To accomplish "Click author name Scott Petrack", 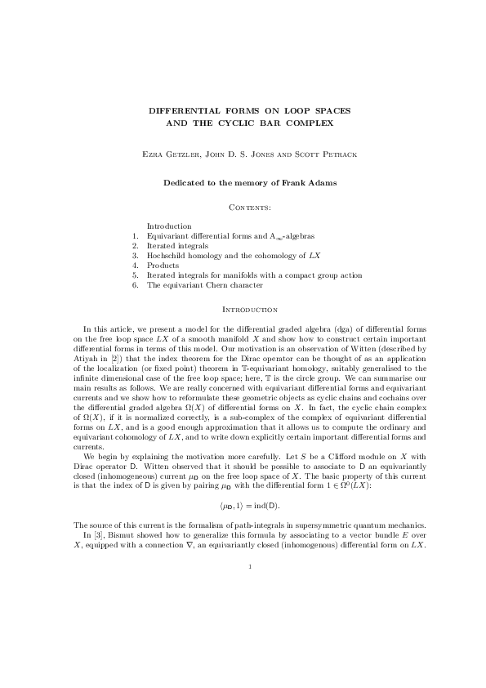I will (323, 154).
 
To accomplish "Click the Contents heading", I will (243, 208).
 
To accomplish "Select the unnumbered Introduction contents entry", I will (169, 226).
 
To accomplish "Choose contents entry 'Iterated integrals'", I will (177, 245).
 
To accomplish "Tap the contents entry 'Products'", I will (163, 266).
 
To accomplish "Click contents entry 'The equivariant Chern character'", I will (205, 285).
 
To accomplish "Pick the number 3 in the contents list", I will (134, 256).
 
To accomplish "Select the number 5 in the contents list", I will (134, 275).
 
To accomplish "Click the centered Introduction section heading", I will (243, 310).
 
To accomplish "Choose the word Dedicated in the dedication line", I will (185, 183).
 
